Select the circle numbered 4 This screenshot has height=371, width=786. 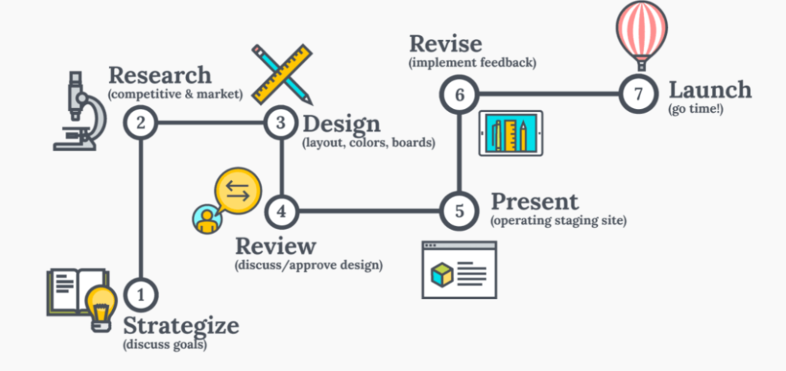pyautogui.click(x=282, y=212)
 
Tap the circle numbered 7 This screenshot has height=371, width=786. pyautogui.click(x=638, y=94)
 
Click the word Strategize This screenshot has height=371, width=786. pyautogui.click(x=181, y=326)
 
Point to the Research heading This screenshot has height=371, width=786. pyautogui.click(x=160, y=75)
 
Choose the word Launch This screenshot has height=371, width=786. pyautogui.click(x=710, y=90)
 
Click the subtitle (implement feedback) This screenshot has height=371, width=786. pyautogui.click(x=473, y=64)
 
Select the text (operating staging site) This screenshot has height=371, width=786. pyautogui.click(x=559, y=220)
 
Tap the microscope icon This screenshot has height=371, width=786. pyautogui.click(x=80, y=110)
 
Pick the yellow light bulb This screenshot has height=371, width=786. pyautogui.click(x=102, y=309)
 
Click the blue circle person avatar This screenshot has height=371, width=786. pyautogui.click(x=206, y=218)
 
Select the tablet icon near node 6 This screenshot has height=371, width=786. pyautogui.click(x=510, y=133)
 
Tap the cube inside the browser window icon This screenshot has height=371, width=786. pyautogui.click(x=442, y=274)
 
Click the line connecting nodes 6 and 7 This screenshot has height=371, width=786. pyautogui.click(x=549, y=94)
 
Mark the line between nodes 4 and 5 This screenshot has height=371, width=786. pyautogui.click(x=369, y=212)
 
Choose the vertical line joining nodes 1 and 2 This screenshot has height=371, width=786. pyautogui.click(x=141, y=208)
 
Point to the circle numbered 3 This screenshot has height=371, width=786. pyautogui.click(x=281, y=123)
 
